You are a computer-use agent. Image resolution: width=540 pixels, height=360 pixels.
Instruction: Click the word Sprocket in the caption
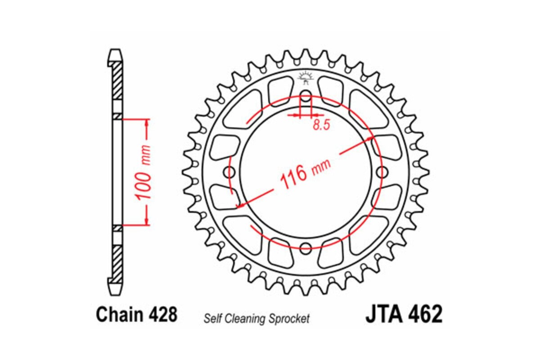coord(291,319)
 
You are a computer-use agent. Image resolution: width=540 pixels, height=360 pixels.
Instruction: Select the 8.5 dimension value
coord(321,126)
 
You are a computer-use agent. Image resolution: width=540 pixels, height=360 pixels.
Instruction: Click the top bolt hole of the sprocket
coord(306,97)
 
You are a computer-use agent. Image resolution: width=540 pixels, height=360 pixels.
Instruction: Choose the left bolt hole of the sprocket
coord(231,171)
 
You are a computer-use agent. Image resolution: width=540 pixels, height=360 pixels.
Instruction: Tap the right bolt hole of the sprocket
coord(381,171)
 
